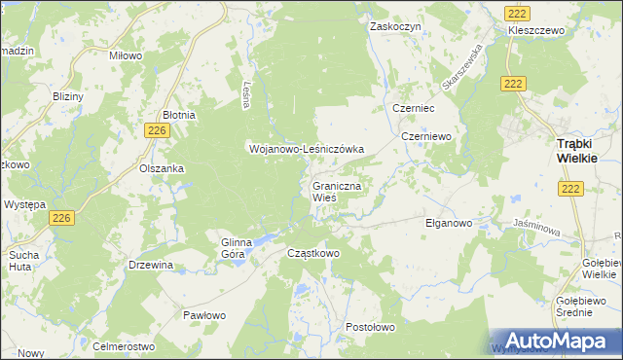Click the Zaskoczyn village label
395,26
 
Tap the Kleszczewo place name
536,31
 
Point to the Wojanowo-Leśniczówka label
306,149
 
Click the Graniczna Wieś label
338,190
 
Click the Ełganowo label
449,223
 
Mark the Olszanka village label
162,168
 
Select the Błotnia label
179,115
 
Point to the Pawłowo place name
204,315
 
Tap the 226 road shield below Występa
62,218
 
